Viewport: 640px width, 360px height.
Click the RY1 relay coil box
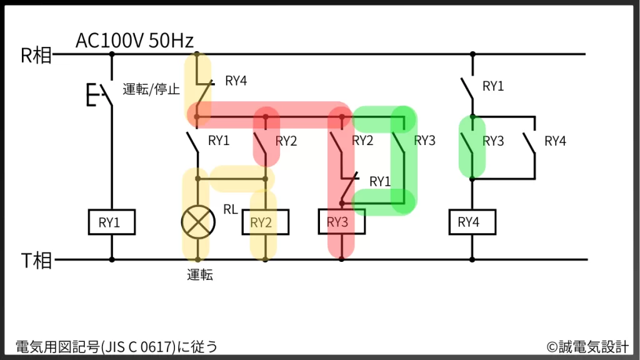pos(112,222)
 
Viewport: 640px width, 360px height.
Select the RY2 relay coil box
pos(265,222)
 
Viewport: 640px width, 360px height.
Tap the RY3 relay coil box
pos(341,222)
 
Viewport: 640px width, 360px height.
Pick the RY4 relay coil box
pos(472,222)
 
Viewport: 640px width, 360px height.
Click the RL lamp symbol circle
pos(198,222)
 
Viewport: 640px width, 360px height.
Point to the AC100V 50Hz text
pos(134,41)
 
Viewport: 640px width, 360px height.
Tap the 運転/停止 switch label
pos(151,89)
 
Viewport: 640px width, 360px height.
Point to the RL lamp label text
pos(231,209)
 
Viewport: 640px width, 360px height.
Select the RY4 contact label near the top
pos(236,81)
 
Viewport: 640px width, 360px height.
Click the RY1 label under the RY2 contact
pos(380,182)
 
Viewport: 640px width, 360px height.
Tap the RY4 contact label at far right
pos(555,141)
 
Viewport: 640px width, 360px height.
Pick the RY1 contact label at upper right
pos(493,87)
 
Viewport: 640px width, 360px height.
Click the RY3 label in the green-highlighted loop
pos(425,141)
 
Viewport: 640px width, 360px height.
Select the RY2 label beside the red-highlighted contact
pos(286,141)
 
